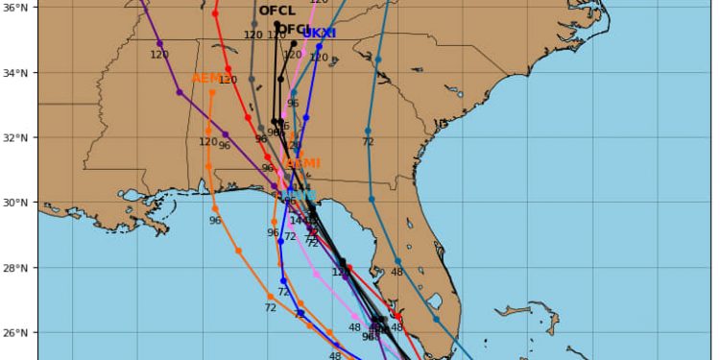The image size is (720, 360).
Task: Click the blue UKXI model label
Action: tap(319, 33)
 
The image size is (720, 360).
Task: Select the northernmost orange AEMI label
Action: tap(207, 78)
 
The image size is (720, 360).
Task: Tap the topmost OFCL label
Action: tap(276, 12)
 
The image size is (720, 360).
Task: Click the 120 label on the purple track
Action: tap(159, 55)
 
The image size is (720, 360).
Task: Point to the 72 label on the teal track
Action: tap(368, 142)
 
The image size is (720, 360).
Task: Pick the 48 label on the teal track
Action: tap(396, 273)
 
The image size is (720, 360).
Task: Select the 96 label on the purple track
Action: tap(225, 146)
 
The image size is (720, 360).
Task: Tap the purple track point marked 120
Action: tap(159, 43)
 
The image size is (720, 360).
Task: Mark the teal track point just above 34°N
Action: tap(377, 60)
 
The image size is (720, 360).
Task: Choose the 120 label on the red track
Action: tap(228, 81)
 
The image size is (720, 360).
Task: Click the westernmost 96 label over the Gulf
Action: tap(215, 221)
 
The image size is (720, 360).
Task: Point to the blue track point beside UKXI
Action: tap(319, 46)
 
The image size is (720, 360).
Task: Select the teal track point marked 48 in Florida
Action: tap(397, 261)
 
